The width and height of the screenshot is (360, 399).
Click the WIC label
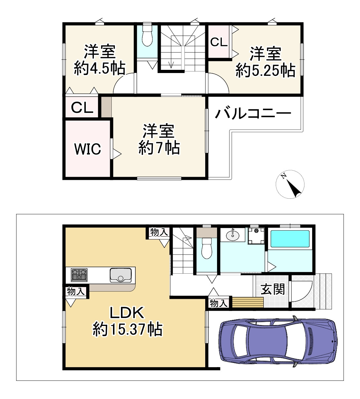coord(87,149)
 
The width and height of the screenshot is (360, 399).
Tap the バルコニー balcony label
coord(253,113)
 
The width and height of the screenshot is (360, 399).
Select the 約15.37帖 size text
coord(127,329)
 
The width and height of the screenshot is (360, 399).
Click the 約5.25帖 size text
coord(265,70)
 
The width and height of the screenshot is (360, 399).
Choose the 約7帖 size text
coord(159,148)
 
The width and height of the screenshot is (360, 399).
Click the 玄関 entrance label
coord(273,290)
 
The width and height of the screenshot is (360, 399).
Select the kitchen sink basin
coord(120,275)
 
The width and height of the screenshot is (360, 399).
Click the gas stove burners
coord(79,275)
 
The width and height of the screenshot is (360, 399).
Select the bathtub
coord(290,239)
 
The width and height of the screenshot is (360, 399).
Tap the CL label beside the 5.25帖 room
coord(219,42)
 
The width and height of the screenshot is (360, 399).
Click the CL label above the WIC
coord(82,108)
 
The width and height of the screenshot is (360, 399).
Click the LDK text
coord(127,313)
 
